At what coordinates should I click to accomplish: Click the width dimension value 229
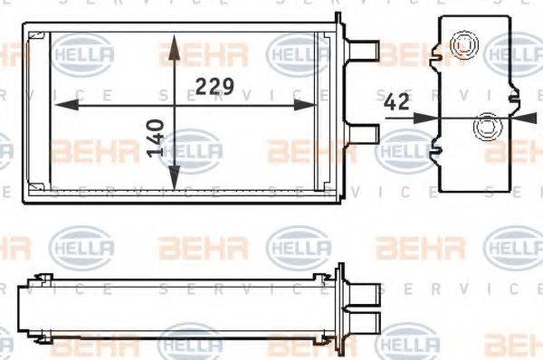point(215,87)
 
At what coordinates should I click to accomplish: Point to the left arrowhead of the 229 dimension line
point(62,107)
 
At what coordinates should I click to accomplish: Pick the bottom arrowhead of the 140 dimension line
point(172,187)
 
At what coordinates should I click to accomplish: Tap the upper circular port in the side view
point(464,43)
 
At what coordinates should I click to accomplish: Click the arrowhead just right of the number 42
point(432,116)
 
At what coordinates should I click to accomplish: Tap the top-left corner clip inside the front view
point(36,37)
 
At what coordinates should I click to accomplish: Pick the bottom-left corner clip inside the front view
point(36,191)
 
